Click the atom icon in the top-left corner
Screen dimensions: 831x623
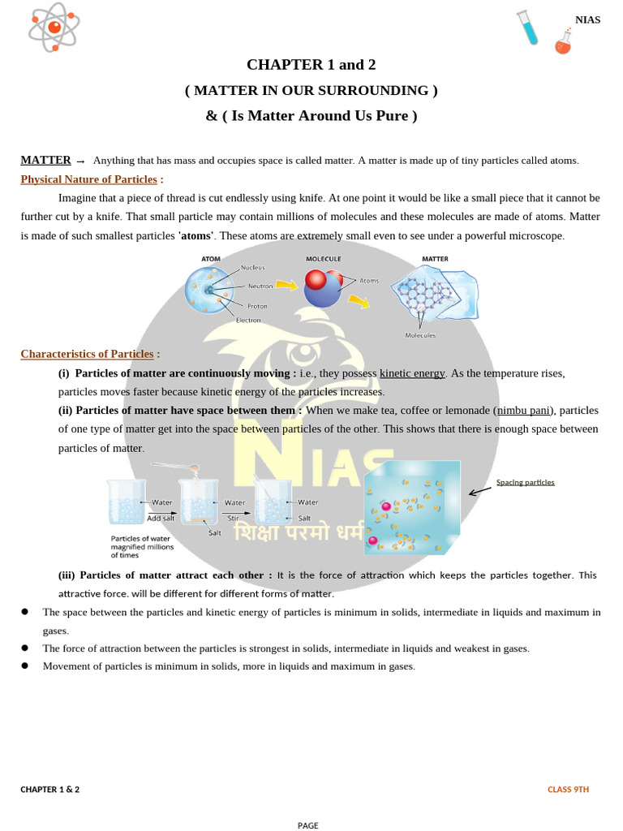[54, 26]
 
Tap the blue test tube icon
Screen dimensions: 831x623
[528, 28]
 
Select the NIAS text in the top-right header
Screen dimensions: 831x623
[587, 19]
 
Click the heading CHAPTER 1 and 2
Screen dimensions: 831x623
[311, 65]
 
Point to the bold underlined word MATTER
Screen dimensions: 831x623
[45, 160]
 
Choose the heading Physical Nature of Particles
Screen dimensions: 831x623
[88, 179]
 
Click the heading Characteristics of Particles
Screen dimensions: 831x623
[87, 354]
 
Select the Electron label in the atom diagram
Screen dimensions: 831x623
[248, 320]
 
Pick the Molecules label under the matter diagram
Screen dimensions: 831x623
[420, 335]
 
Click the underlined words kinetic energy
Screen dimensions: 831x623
[412, 373]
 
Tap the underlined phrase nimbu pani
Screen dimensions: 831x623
[522, 411]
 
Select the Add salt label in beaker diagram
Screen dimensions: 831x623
[161, 518]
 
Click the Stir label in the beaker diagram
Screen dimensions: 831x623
[233, 518]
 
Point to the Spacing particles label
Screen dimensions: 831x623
[525, 482]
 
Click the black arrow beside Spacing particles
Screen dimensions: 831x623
[481, 489]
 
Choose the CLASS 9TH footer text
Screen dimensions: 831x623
[568, 789]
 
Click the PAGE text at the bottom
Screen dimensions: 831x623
[308, 825]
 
